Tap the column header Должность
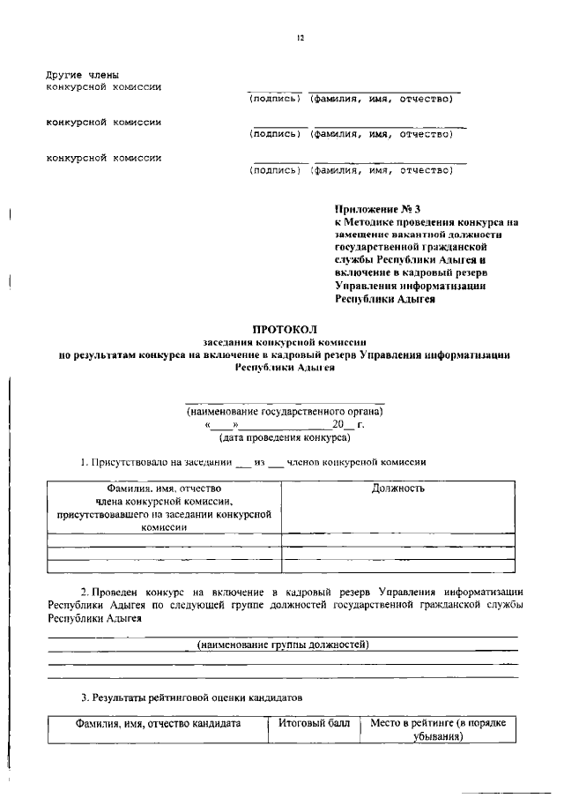(x=397, y=488)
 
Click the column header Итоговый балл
(x=314, y=723)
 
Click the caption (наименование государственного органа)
(x=285, y=412)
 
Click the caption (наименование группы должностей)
(x=283, y=645)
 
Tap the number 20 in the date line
(x=338, y=424)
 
